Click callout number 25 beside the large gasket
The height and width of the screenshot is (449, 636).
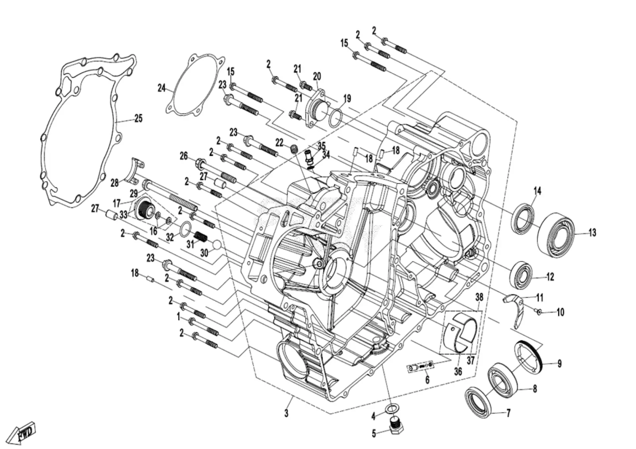(138, 118)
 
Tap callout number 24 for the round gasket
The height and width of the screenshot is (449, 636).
(161, 88)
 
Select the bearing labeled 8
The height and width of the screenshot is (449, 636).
(502, 380)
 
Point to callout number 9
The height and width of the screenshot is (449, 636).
(559, 364)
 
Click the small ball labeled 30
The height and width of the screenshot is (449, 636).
(217, 244)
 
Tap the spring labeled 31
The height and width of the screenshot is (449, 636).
(201, 236)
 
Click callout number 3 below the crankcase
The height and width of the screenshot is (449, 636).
(286, 413)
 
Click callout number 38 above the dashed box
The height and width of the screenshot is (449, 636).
(479, 297)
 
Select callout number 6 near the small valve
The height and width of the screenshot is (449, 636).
(427, 379)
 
